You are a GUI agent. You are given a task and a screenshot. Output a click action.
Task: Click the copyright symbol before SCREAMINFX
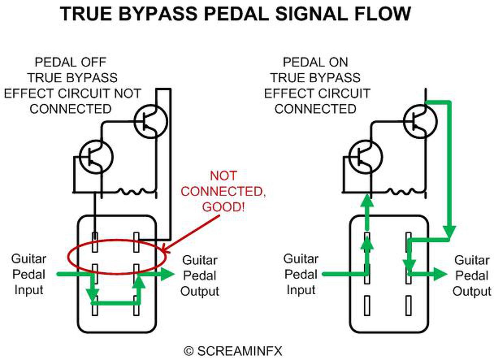click(189, 351)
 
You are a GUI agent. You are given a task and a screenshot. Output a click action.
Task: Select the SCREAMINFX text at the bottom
click(240, 351)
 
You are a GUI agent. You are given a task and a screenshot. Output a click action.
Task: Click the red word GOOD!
click(223, 207)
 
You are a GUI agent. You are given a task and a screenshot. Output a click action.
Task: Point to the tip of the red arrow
click(162, 252)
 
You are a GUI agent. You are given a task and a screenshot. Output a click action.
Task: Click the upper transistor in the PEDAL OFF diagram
click(151, 121)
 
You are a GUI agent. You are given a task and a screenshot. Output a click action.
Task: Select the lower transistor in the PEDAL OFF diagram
click(96, 157)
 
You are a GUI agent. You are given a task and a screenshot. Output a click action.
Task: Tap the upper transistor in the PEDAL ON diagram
click(420, 121)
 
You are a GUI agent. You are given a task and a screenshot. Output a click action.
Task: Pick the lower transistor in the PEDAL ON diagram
click(366, 157)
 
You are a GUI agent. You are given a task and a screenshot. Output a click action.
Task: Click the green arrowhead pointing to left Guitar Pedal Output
click(167, 274)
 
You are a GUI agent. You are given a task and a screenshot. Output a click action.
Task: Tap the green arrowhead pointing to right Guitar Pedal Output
click(440, 274)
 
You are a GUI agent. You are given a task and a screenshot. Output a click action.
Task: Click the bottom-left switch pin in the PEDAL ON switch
click(367, 306)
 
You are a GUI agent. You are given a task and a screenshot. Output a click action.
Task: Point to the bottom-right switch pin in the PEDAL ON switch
click(408, 306)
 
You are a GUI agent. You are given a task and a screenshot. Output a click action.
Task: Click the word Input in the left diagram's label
click(29, 290)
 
